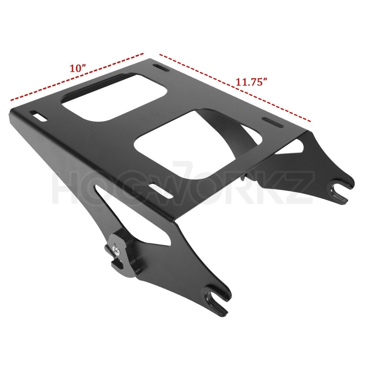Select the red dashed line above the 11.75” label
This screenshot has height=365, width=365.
(235, 88)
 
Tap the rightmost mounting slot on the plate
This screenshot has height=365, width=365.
(273, 123)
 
